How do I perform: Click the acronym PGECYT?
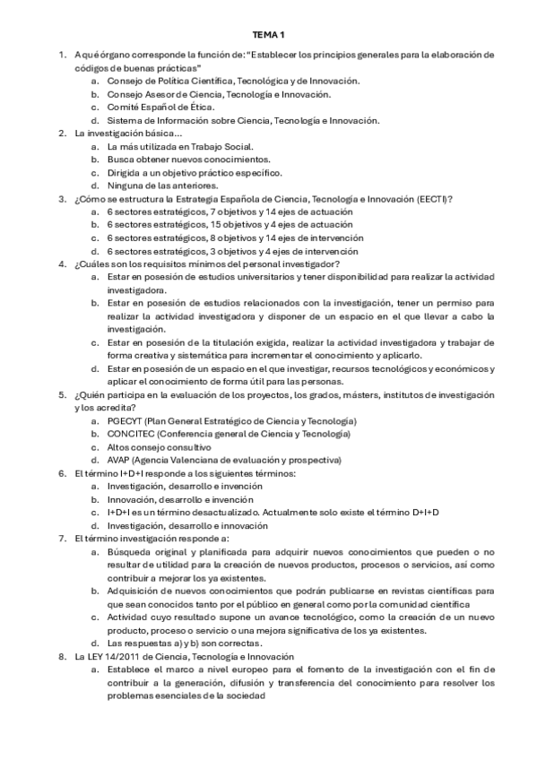click(125, 420)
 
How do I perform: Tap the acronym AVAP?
click(119, 459)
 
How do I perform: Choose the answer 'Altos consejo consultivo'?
click(159, 446)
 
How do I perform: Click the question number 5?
click(62, 393)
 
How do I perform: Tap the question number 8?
click(62, 657)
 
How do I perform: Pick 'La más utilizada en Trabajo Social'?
click(179, 146)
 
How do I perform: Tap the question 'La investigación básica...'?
click(121, 134)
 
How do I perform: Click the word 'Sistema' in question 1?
click(123, 120)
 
